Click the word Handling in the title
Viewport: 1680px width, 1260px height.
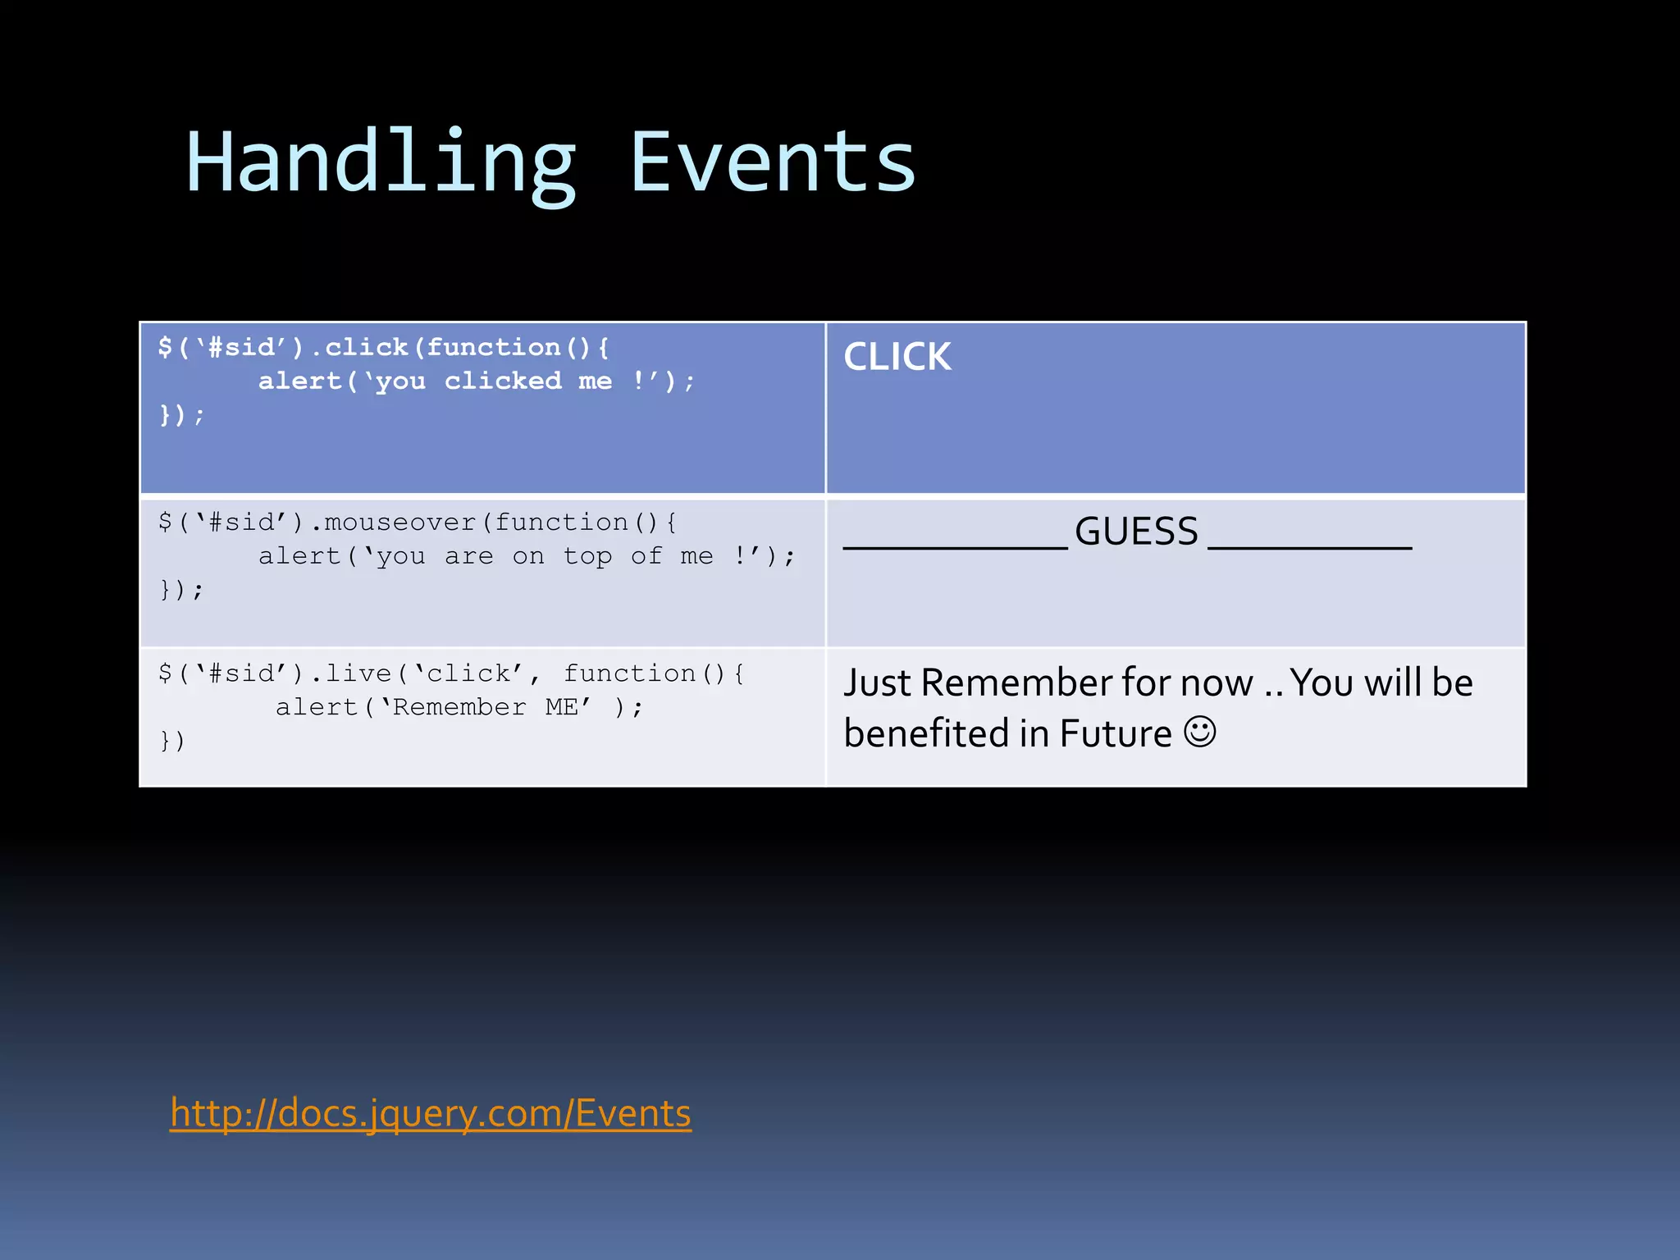[381, 164]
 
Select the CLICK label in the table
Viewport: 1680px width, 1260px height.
[897, 357]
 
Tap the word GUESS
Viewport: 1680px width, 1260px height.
[1136, 532]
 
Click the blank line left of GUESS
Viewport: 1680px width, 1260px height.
[955, 546]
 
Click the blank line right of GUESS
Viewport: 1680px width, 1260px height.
[1309, 546]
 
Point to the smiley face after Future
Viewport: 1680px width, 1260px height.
[1199, 731]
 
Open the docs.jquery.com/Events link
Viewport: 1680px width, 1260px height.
[431, 1113]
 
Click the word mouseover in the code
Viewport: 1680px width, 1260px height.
[400, 523]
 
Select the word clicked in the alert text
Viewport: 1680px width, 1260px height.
[503, 381]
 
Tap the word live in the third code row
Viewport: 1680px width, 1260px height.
[358, 673]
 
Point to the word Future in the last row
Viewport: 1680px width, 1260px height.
[1115, 734]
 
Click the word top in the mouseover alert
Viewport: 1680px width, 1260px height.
[587, 556]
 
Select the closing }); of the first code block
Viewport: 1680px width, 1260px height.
[181, 415]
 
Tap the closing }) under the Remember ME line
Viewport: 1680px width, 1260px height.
[172, 741]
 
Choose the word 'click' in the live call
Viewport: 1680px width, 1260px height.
[468, 673]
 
